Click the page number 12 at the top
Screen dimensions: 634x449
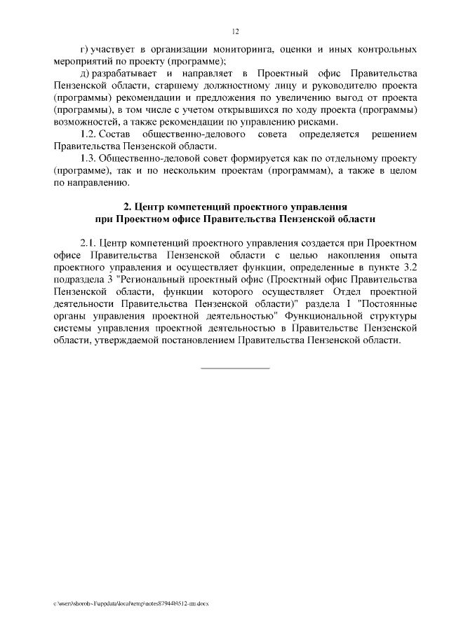click(x=235, y=31)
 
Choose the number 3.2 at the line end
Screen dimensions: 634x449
click(x=410, y=268)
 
